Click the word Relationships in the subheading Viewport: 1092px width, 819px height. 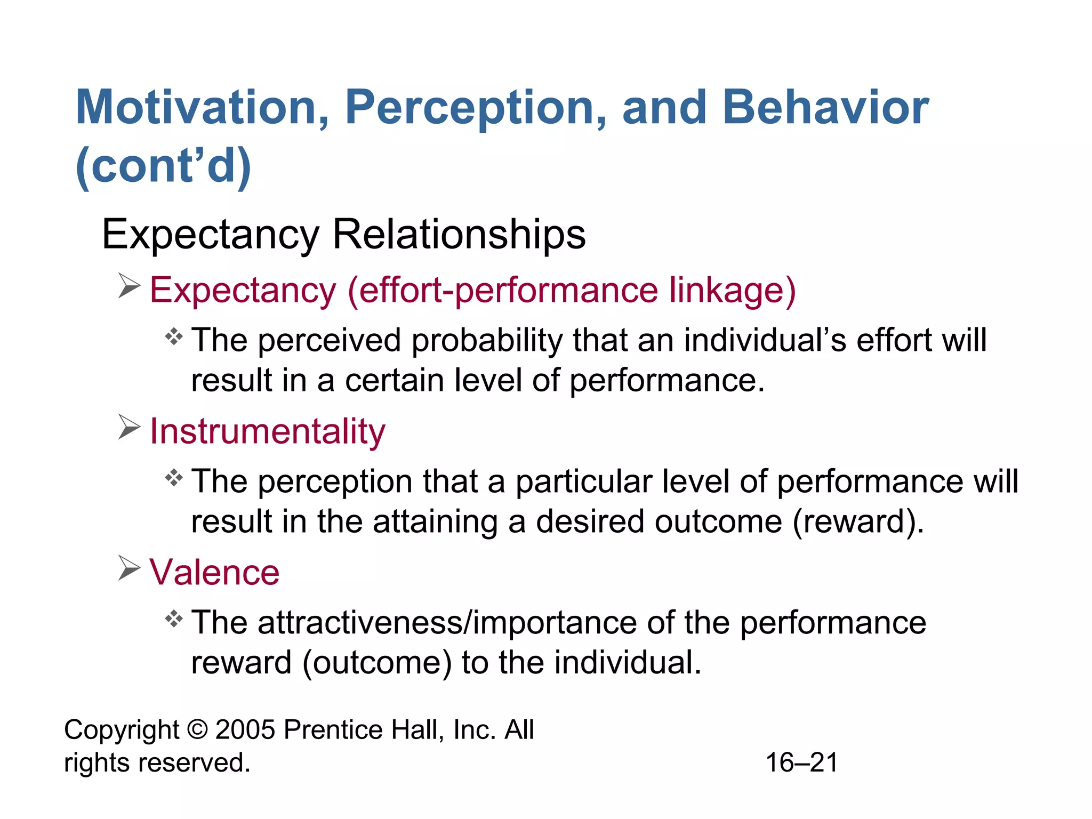[x=459, y=234]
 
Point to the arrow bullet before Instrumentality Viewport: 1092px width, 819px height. [x=129, y=428]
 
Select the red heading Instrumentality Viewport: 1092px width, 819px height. [x=267, y=431]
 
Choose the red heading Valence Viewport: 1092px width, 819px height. [x=214, y=572]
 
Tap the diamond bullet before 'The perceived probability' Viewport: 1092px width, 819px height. [x=174, y=337]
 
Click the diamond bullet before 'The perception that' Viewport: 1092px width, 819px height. [x=174, y=478]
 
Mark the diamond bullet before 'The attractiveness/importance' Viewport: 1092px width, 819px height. [x=174, y=619]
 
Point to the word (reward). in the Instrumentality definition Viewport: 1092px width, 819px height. [x=858, y=521]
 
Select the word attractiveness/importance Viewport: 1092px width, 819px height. [x=447, y=623]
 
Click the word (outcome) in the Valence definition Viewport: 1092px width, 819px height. [x=376, y=663]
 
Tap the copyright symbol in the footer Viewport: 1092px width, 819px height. [x=197, y=730]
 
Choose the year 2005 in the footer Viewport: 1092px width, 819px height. [x=245, y=730]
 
